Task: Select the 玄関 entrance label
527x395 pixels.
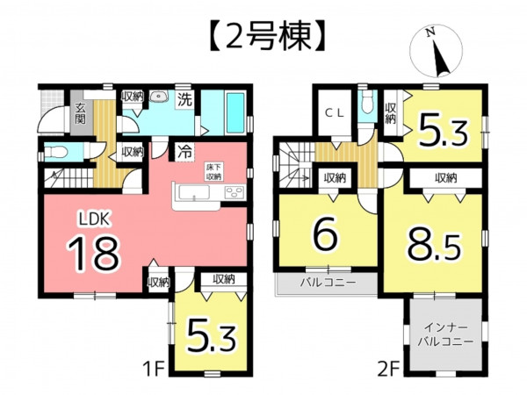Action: click(x=79, y=113)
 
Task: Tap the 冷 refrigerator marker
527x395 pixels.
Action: click(x=185, y=151)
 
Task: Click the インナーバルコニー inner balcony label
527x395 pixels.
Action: click(x=444, y=334)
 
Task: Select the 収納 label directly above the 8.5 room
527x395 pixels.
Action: click(x=445, y=178)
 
